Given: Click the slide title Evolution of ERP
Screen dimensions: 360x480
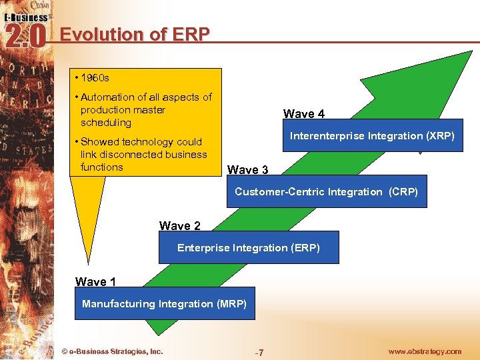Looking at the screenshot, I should click(x=135, y=34).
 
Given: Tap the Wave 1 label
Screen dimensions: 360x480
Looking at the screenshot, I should click(x=95, y=282).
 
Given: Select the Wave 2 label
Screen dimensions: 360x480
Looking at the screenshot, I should click(x=179, y=226).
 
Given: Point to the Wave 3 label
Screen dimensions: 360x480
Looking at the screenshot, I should click(x=248, y=170).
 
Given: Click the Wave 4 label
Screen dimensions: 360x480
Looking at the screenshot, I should click(x=304, y=114).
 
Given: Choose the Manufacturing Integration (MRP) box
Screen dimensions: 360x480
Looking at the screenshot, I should click(x=164, y=305).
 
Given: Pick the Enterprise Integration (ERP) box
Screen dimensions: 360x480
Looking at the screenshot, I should click(x=249, y=248).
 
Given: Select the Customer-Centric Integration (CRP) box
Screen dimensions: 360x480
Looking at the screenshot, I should click(x=326, y=192).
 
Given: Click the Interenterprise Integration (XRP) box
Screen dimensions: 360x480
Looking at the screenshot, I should click(x=372, y=136).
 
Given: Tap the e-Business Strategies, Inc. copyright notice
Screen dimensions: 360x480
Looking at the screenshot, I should click(x=112, y=351).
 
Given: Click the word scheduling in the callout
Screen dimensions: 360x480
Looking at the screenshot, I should click(x=106, y=123).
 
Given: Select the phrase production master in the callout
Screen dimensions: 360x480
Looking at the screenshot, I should click(x=123, y=110).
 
